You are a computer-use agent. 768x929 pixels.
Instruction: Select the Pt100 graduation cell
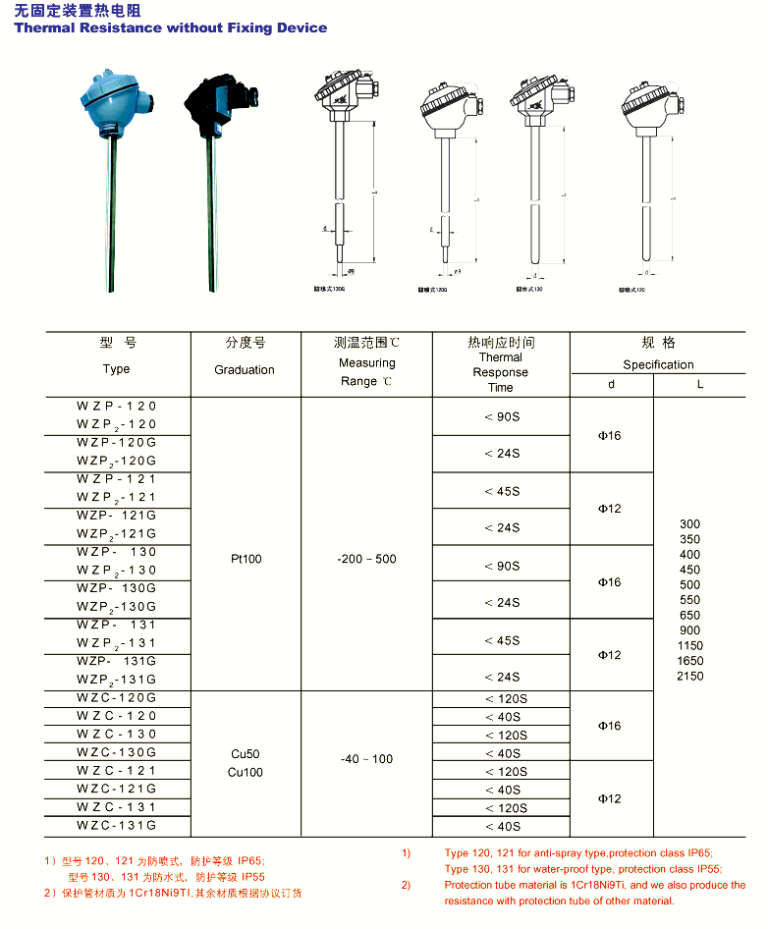coord(246,559)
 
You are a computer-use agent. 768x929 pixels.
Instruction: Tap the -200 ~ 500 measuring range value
coord(366,559)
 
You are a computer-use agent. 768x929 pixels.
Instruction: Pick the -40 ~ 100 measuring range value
coord(366,759)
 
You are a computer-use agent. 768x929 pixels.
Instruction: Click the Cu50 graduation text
coord(246,753)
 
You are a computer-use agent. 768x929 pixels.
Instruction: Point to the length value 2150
coord(689,676)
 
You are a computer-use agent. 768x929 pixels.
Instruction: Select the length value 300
coord(689,524)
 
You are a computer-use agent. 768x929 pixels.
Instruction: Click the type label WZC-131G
coord(117,826)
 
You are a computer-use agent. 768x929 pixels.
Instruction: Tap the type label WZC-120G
coord(117,697)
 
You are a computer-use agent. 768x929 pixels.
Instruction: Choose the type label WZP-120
coord(117,406)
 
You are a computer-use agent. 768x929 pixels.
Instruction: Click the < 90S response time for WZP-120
coord(502,417)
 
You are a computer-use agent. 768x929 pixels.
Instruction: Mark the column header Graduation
coord(245,370)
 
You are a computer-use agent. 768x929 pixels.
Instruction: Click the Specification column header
coord(658,364)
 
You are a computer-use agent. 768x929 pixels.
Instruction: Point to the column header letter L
coord(700,385)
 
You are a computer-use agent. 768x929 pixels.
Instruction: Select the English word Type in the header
coord(116,369)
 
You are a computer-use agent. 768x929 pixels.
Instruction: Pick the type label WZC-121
coord(117,771)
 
